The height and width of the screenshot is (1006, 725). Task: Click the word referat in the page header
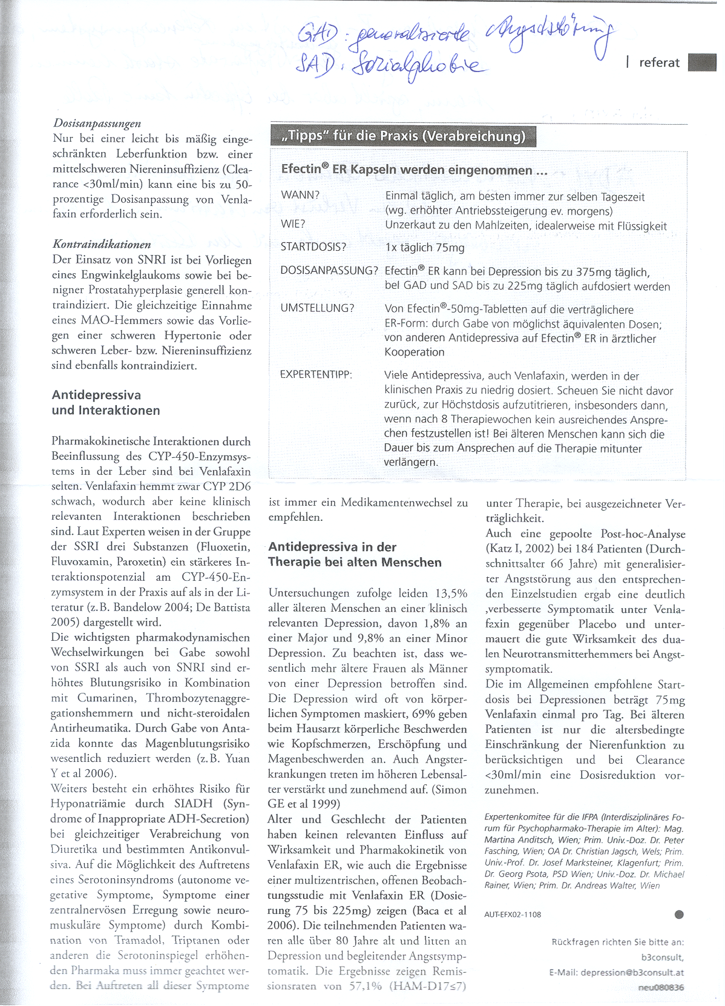[659, 63]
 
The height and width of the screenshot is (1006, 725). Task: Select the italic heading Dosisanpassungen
[97, 124]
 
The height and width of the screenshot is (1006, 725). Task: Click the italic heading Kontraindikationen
[102, 245]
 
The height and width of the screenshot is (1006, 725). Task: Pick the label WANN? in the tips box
[300, 195]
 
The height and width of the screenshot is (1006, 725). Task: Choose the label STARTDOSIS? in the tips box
[313, 247]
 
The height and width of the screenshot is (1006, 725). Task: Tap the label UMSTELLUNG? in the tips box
[317, 308]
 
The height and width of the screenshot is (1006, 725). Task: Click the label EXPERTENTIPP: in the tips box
[316, 375]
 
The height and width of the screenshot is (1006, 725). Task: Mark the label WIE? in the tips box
[293, 224]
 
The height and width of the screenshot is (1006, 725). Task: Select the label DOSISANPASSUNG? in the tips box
[329, 271]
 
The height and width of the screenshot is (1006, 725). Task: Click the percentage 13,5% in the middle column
[451, 594]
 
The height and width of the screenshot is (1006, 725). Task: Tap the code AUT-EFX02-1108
[513, 915]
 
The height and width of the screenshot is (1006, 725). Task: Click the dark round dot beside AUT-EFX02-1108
[679, 915]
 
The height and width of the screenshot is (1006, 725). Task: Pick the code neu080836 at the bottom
[661, 988]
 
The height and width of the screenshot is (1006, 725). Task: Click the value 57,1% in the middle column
[366, 986]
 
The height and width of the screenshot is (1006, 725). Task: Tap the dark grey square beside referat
[702, 62]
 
